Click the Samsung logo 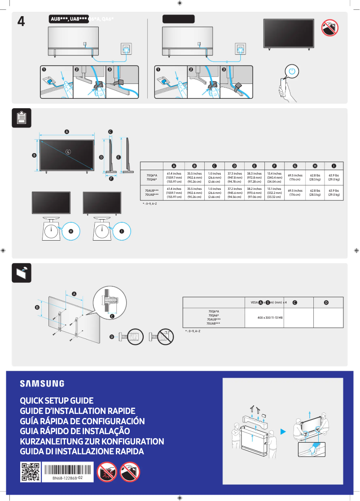click(42, 383)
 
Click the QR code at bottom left click(30, 472)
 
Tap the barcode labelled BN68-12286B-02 click(67, 469)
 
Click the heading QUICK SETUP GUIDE click(57, 400)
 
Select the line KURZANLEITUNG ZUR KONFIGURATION click(92, 441)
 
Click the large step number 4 click(21, 21)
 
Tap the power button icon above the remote click(292, 71)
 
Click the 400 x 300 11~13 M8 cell click(270, 317)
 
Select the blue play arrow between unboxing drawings click(283, 432)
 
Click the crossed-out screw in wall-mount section click(164, 336)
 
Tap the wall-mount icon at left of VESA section click(22, 272)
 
